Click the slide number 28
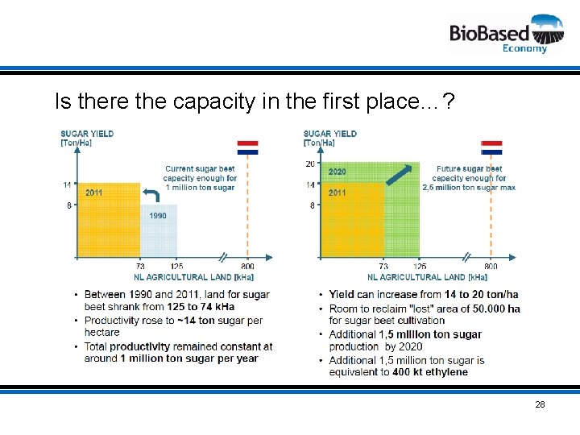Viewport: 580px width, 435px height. (x=540, y=404)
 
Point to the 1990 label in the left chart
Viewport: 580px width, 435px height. (x=158, y=216)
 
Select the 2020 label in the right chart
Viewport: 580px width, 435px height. (x=337, y=172)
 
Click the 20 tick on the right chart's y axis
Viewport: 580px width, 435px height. (x=310, y=164)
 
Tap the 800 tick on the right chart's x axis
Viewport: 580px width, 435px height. (x=491, y=267)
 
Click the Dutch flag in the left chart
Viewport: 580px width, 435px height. (x=247, y=147)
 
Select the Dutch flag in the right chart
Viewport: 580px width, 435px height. (x=491, y=147)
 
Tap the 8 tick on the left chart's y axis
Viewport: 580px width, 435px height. (x=68, y=205)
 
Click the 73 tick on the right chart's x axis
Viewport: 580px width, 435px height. (x=383, y=267)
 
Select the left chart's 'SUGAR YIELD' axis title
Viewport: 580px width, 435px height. (x=87, y=134)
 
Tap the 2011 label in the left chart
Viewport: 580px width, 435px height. (x=94, y=193)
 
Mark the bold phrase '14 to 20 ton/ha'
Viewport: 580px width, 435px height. (x=478, y=295)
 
